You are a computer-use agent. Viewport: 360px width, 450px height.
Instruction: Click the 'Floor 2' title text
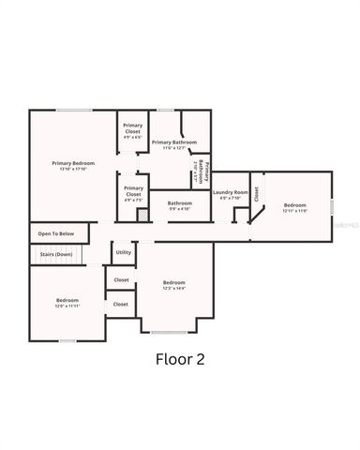coord(179,357)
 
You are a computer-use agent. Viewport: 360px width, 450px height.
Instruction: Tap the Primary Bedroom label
coord(73,163)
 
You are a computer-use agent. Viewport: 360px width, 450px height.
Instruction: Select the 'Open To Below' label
coord(56,233)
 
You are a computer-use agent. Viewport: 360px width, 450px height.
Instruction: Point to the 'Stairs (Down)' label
coord(56,254)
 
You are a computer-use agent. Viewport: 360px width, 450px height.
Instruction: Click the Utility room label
coord(124,252)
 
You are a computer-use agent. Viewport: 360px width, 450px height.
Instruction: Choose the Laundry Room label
coord(230,192)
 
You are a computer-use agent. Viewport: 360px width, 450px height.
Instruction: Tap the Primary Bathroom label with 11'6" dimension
coord(180,142)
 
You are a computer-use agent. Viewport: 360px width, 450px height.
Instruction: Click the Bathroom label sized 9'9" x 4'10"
coord(180,203)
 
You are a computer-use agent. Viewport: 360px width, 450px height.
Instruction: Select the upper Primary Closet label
coord(133,128)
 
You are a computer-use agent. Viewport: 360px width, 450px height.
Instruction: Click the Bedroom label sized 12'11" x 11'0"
coord(295,206)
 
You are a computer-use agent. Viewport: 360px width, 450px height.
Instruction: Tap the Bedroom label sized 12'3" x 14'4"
coord(173,283)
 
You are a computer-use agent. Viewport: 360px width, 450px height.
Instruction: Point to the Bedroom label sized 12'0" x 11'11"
coord(67,301)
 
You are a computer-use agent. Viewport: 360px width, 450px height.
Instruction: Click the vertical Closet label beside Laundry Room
coord(256,195)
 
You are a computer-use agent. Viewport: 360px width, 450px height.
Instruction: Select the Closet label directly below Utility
coord(122,279)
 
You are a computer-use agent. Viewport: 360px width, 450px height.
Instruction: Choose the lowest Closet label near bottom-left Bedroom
coord(121,304)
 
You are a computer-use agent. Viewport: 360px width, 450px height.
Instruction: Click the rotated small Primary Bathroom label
coord(204,172)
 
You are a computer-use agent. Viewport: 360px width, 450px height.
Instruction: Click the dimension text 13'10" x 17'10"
coord(73,169)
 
